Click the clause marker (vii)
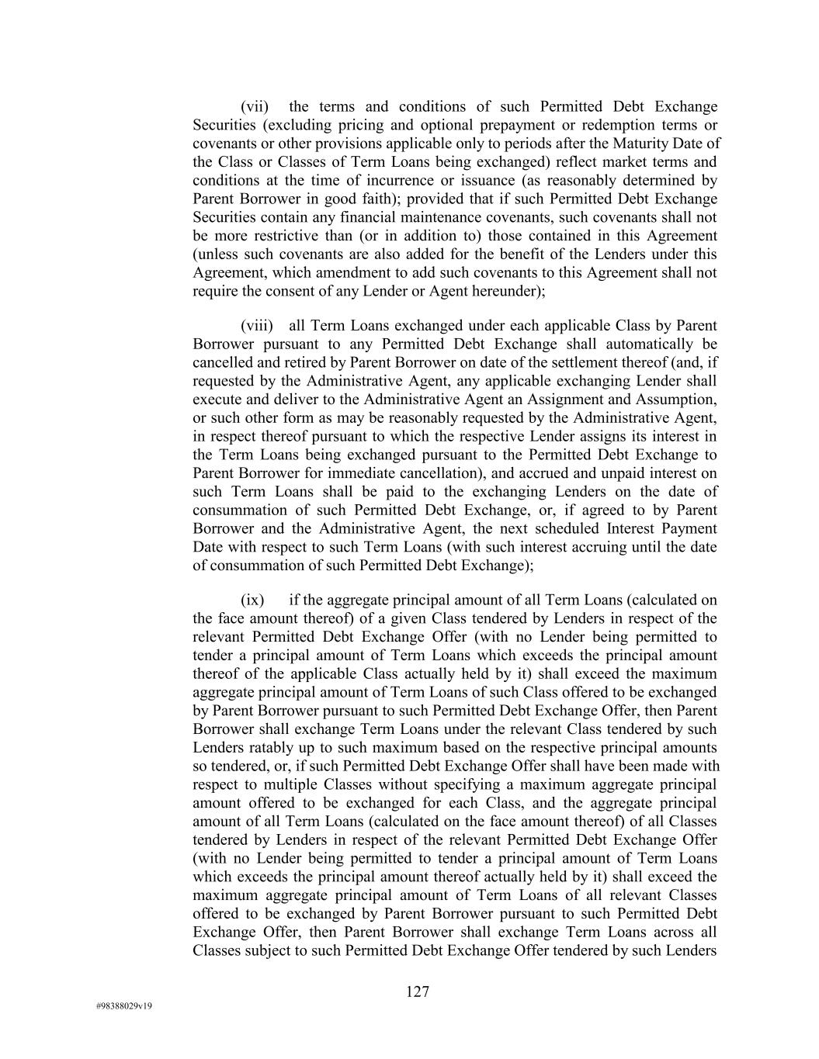click(255, 107)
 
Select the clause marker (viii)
click(256, 326)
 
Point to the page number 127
click(418, 992)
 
